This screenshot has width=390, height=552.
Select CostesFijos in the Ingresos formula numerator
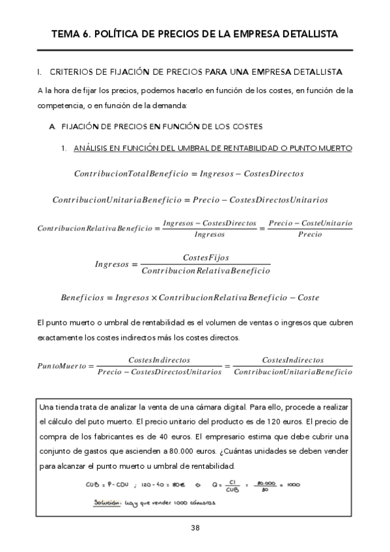pyautogui.click(x=206, y=258)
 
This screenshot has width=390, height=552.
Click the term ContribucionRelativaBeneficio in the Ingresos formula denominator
pyautogui.click(x=206, y=271)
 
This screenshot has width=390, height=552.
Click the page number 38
pyautogui.click(x=195, y=527)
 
